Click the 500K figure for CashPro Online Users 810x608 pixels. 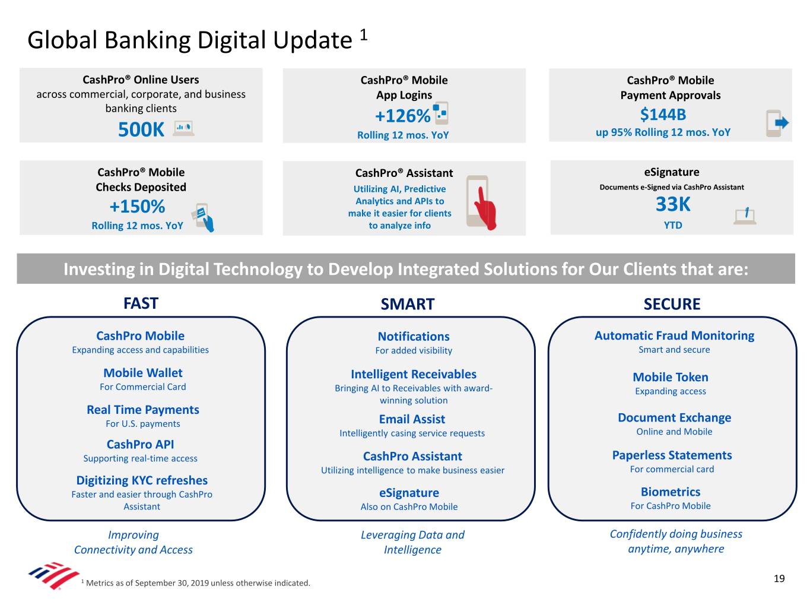point(141,129)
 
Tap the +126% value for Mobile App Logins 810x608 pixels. point(402,116)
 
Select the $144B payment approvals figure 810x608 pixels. point(663,115)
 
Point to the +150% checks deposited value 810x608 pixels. point(137,207)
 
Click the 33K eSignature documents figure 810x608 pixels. point(673,204)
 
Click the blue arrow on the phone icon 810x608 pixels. point(782,122)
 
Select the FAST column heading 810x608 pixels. point(141,303)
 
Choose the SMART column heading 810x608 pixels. point(408,304)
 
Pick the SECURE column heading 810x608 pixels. point(672,304)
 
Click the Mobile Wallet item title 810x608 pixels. point(143,373)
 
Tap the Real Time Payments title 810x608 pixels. point(143,410)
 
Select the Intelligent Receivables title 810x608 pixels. point(413,374)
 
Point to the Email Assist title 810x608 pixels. point(412,419)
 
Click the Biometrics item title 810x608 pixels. point(670,492)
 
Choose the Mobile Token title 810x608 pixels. point(670,377)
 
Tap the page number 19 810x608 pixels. point(779,578)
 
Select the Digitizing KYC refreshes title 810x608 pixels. point(142,481)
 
